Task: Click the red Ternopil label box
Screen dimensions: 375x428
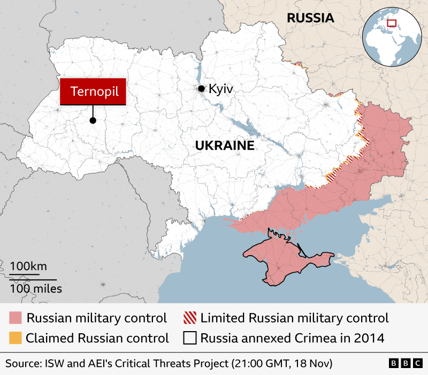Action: click(x=94, y=91)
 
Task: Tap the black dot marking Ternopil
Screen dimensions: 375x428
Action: click(x=93, y=120)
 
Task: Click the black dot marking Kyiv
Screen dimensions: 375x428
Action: click(x=201, y=89)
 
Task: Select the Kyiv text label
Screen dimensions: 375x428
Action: click(x=221, y=89)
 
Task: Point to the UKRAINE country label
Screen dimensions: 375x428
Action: click(x=224, y=146)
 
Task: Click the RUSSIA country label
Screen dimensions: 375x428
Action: click(x=310, y=18)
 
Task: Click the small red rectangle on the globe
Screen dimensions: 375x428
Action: click(x=392, y=24)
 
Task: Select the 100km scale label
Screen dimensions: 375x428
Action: click(x=28, y=266)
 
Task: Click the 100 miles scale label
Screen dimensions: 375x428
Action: click(x=35, y=289)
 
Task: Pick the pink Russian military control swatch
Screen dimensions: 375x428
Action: click(x=16, y=318)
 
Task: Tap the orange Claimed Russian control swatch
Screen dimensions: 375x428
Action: click(x=16, y=338)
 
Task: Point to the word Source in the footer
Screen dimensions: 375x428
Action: click(x=23, y=364)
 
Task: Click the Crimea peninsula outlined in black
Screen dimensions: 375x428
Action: click(x=284, y=259)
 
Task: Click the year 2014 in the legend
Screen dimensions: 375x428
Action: click(x=370, y=338)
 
